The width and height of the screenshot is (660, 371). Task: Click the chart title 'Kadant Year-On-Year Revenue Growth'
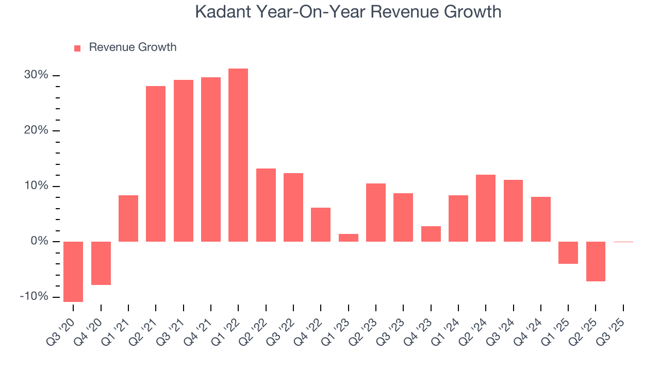coord(348,11)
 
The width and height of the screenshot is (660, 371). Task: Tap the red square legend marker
coord(77,48)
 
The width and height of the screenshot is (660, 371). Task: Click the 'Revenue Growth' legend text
coord(133,47)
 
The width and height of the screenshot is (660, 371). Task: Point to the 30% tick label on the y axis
coord(36,75)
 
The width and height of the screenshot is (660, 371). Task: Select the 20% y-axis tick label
coord(36,131)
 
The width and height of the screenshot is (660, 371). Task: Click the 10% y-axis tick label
coord(36,186)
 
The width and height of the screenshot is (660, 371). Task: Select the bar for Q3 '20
coord(73,272)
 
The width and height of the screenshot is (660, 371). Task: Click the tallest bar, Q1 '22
coord(238,155)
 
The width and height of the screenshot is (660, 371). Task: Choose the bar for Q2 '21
coord(156,164)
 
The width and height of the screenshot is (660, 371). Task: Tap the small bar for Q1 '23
coord(349,238)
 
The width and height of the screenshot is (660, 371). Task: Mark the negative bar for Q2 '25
coord(596,261)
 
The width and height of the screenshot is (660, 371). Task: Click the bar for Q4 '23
coord(431,234)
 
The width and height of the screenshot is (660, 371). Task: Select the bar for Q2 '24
coord(486,208)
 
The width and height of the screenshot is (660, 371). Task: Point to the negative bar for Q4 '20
coord(101,263)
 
